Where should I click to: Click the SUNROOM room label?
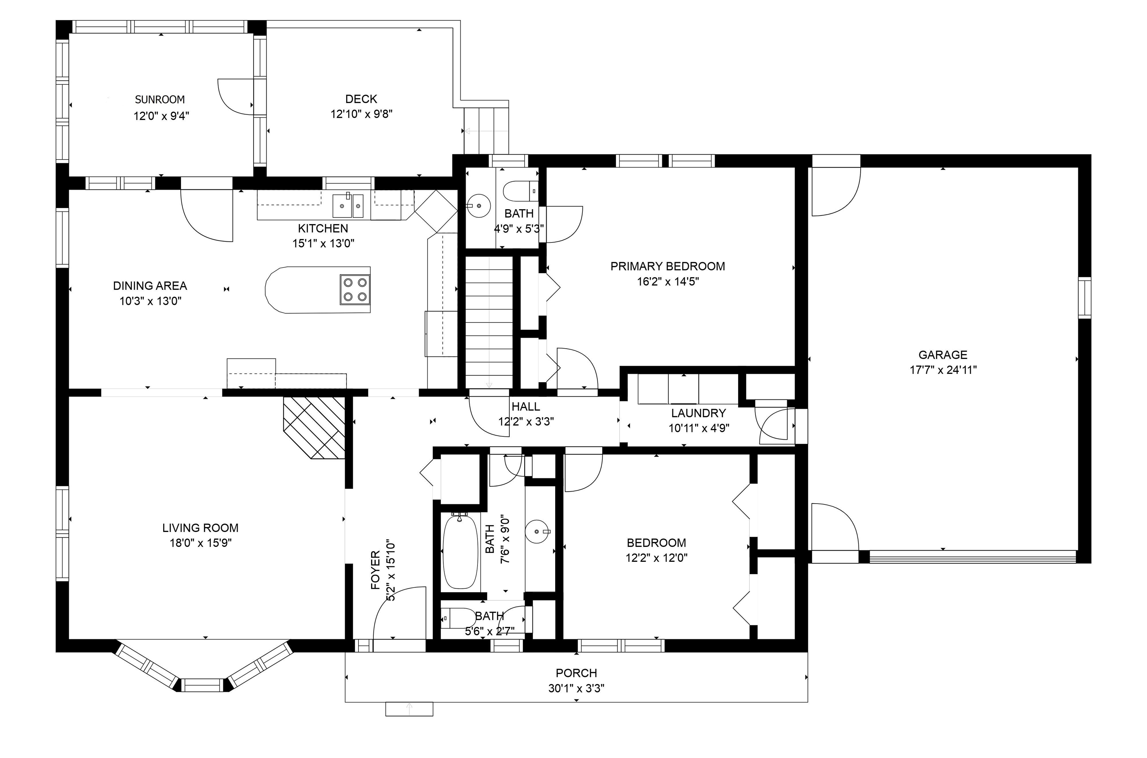click(x=159, y=100)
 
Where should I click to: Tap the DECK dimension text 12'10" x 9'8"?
click(x=361, y=114)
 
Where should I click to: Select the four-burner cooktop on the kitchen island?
click(x=355, y=289)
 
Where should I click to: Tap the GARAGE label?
click(x=943, y=355)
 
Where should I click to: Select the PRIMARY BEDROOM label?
click(x=668, y=266)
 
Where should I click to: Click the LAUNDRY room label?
click(x=698, y=413)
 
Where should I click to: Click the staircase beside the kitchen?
click(x=489, y=322)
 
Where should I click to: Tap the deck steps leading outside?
click(x=486, y=130)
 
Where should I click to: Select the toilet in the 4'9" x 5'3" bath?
click(x=521, y=191)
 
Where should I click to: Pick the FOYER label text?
click(x=375, y=570)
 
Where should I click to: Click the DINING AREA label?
click(x=150, y=286)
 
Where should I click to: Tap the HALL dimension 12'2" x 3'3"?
click(x=526, y=421)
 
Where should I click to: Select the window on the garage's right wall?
click(x=1085, y=297)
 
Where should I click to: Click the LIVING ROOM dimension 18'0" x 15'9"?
click(x=201, y=543)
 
